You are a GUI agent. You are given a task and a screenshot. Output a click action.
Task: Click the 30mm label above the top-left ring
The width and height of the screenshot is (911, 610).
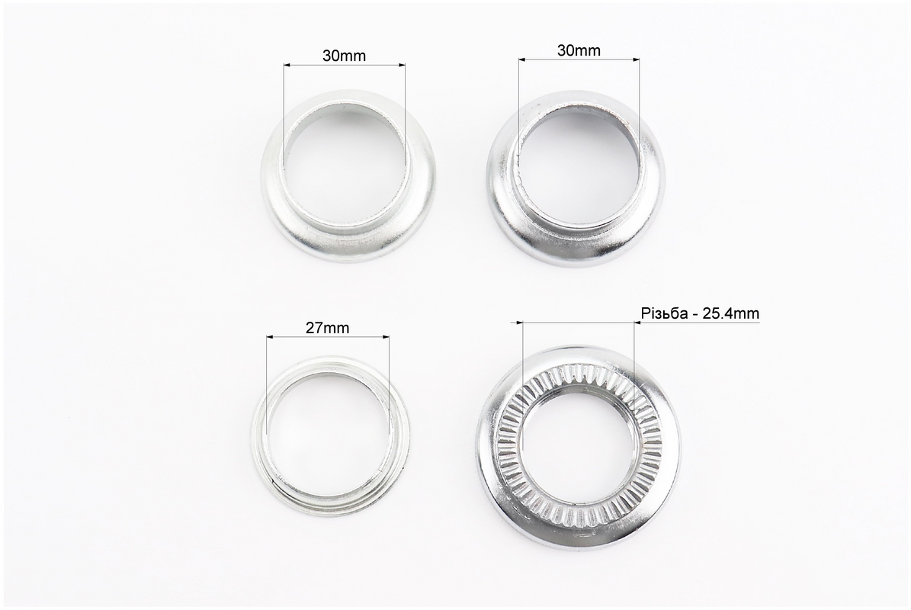(x=345, y=56)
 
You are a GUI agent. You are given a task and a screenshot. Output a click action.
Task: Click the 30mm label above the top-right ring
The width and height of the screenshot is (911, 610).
(x=579, y=50)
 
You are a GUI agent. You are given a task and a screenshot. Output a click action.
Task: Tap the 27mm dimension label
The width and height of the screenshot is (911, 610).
(x=328, y=328)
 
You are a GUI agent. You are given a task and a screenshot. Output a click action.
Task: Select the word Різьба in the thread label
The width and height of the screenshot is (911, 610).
(x=662, y=313)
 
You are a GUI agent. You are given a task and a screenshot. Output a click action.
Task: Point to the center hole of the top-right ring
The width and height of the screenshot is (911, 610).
(x=577, y=165)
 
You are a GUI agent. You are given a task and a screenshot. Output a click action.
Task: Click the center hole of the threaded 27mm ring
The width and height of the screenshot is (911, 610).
(x=328, y=428)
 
